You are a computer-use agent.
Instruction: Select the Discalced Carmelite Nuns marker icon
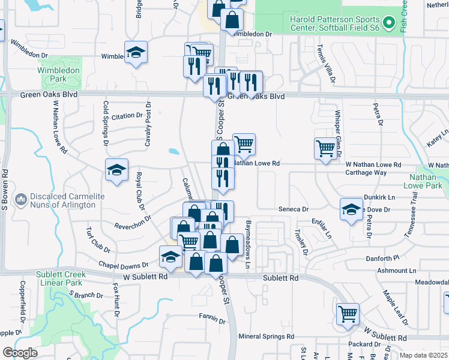pyautogui.click(x=21, y=198)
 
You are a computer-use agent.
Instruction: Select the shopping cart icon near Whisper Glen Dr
pyautogui.click(x=325, y=148)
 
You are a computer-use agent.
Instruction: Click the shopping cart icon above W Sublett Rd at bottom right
pyautogui.click(x=348, y=313)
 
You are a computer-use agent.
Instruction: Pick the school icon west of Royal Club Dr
pyautogui.click(x=116, y=170)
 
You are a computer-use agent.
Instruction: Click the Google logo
pyautogui.click(x=20, y=353)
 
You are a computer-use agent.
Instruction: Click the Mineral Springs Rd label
pyautogui.click(x=266, y=337)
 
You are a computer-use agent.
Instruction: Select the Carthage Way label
pyautogui.click(x=366, y=172)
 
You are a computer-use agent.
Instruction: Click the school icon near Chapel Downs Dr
pyautogui.click(x=171, y=256)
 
